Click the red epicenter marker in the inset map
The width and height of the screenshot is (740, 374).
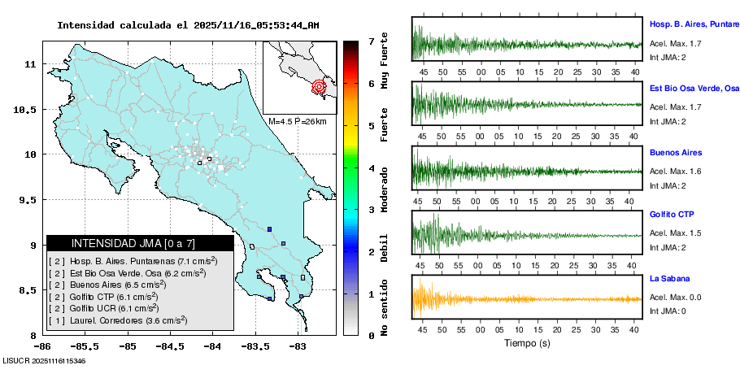click(319, 85)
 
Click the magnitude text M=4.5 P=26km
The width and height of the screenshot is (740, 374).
click(298, 121)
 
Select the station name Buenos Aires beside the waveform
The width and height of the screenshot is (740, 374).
click(675, 153)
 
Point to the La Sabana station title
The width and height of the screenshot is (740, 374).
click(672, 278)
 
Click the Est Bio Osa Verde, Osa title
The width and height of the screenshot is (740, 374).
click(694, 87)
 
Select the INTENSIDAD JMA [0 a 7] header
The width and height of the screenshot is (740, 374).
click(139, 243)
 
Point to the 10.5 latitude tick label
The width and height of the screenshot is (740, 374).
click(30, 109)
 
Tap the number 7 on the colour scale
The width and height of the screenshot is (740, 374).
click(370, 41)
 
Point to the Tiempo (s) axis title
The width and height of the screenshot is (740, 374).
click(527, 343)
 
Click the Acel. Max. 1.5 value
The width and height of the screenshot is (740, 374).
click(675, 233)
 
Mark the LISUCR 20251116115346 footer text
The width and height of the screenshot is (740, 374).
click(44, 360)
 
